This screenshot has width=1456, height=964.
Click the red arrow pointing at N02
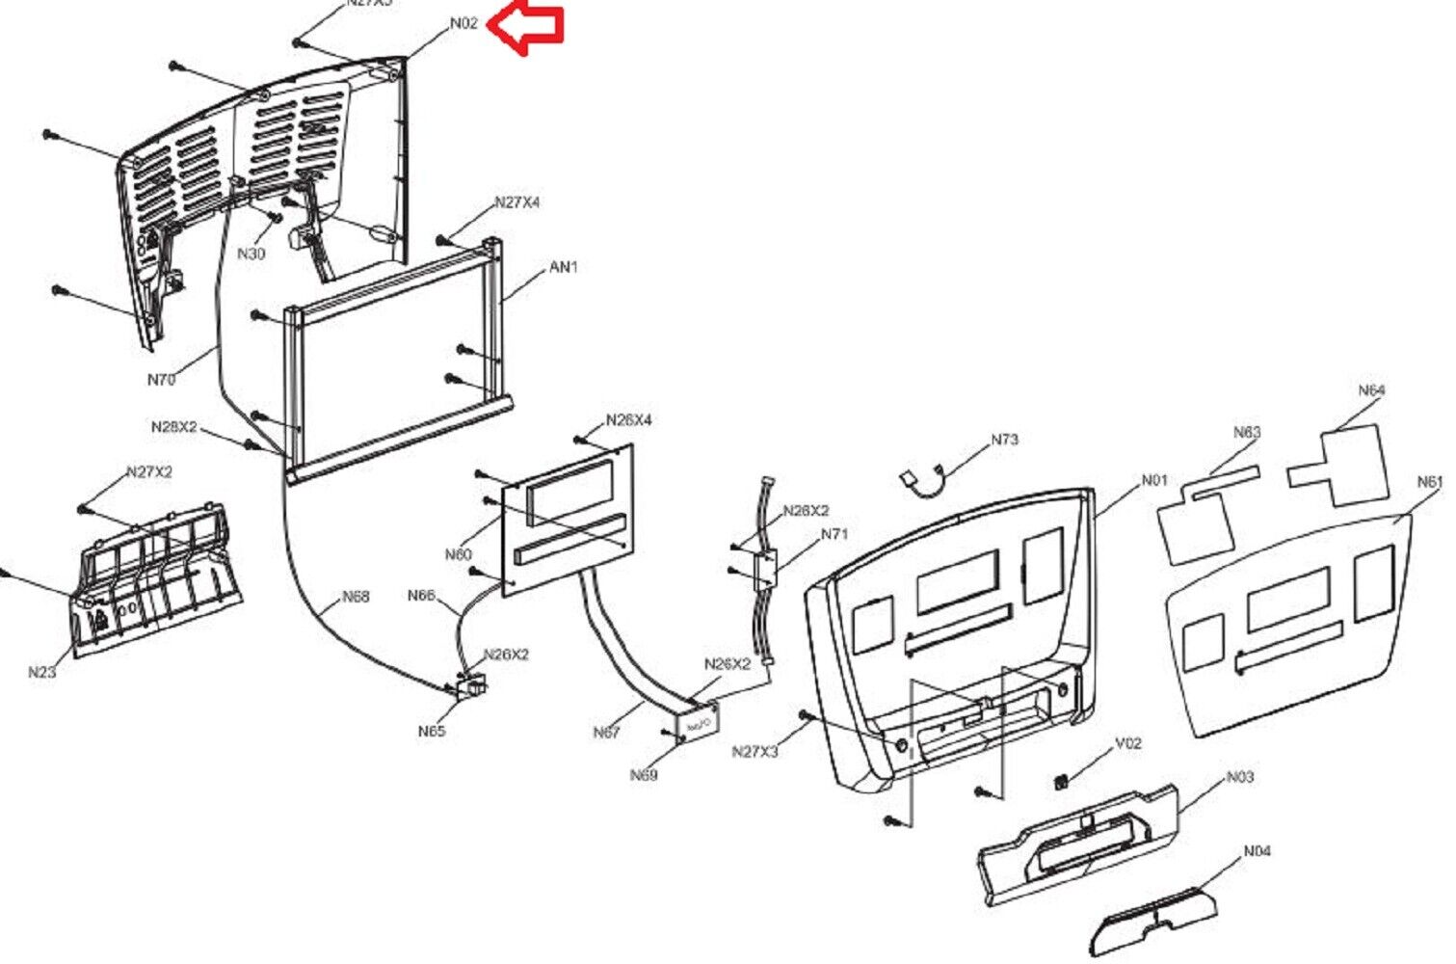click(x=524, y=28)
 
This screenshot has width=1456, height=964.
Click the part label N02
click(x=463, y=23)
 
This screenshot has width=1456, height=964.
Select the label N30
click(x=251, y=254)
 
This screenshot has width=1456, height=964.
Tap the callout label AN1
click(x=563, y=267)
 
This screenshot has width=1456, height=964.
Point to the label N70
click(x=161, y=380)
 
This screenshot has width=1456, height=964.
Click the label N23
click(x=41, y=672)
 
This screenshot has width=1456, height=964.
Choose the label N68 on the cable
click(x=356, y=597)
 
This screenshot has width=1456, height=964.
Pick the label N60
click(x=459, y=554)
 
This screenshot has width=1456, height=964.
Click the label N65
click(x=432, y=731)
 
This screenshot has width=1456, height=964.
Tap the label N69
click(x=644, y=775)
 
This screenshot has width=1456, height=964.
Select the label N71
click(x=834, y=534)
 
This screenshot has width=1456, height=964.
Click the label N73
click(x=1004, y=440)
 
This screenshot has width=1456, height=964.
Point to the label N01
click(x=1154, y=480)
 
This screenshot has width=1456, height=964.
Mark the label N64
click(x=1371, y=390)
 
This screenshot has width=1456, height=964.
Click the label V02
click(x=1128, y=743)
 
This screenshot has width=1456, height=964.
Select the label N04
click(x=1257, y=851)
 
